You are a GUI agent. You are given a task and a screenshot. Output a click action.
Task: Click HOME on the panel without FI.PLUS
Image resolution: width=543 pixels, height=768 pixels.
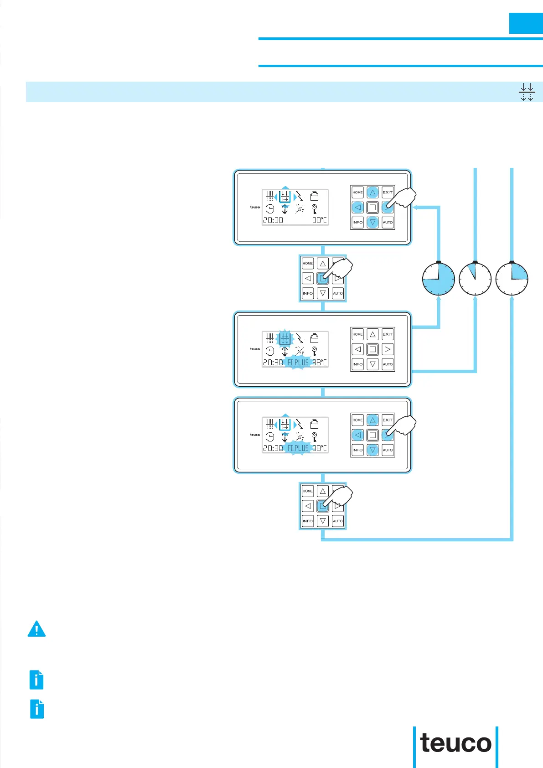358,192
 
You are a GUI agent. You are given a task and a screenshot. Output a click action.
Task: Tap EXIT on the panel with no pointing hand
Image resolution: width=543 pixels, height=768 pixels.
388,334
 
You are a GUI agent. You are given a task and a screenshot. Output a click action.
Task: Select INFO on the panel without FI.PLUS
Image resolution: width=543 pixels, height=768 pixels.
358,223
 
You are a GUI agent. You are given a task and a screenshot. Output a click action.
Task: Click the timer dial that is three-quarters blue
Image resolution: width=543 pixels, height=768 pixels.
439,279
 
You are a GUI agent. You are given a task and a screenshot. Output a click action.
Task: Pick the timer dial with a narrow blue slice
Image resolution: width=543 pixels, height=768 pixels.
475,279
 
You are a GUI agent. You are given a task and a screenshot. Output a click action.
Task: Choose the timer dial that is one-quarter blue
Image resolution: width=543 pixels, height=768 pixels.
512,279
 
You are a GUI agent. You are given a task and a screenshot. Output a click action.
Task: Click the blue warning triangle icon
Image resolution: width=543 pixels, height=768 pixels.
36,629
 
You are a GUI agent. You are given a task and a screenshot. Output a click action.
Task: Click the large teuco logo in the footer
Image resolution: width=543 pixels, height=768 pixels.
455,743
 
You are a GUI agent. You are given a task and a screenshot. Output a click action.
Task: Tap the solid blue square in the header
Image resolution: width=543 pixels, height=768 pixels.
525,23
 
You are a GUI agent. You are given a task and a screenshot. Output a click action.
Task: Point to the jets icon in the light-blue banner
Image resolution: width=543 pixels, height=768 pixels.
527,92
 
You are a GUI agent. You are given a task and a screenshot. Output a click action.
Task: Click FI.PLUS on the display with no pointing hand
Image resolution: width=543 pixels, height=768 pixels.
298,363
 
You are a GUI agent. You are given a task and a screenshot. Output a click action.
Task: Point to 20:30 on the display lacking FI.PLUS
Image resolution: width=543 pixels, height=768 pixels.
273,220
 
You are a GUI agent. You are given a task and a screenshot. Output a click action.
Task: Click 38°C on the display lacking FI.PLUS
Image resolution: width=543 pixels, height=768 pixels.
319,220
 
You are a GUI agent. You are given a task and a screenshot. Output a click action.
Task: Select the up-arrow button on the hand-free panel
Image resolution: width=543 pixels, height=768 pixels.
373,334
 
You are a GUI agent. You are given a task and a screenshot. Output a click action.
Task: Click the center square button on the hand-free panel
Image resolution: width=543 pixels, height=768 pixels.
373,349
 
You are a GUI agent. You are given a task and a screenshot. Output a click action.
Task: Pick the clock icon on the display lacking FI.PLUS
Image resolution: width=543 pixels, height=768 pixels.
270,209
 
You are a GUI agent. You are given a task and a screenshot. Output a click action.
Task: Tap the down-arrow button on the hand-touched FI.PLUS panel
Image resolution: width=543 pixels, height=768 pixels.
373,450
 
